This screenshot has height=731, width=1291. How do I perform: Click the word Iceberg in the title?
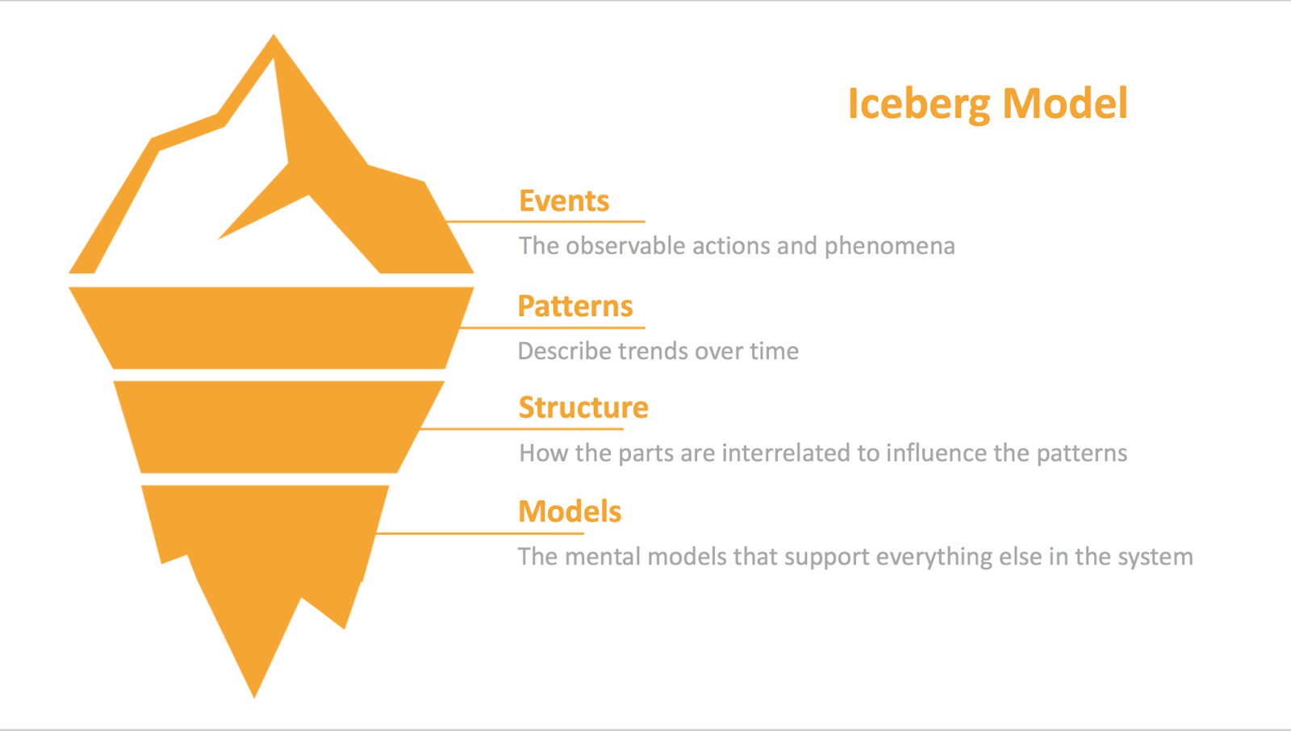coord(918,104)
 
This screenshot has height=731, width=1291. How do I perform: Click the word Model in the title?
coord(1065,104)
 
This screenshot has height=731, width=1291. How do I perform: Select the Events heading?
coord(563,201)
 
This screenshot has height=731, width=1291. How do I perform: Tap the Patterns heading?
coord(574,307)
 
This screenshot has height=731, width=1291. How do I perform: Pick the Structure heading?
coord(583,407)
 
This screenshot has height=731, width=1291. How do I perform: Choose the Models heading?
coord(569,512)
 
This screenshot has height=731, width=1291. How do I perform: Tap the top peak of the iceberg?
coord(274,40)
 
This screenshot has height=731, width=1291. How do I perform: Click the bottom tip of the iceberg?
coord(254,692)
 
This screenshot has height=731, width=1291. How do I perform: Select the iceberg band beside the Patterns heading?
coord(271,328)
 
